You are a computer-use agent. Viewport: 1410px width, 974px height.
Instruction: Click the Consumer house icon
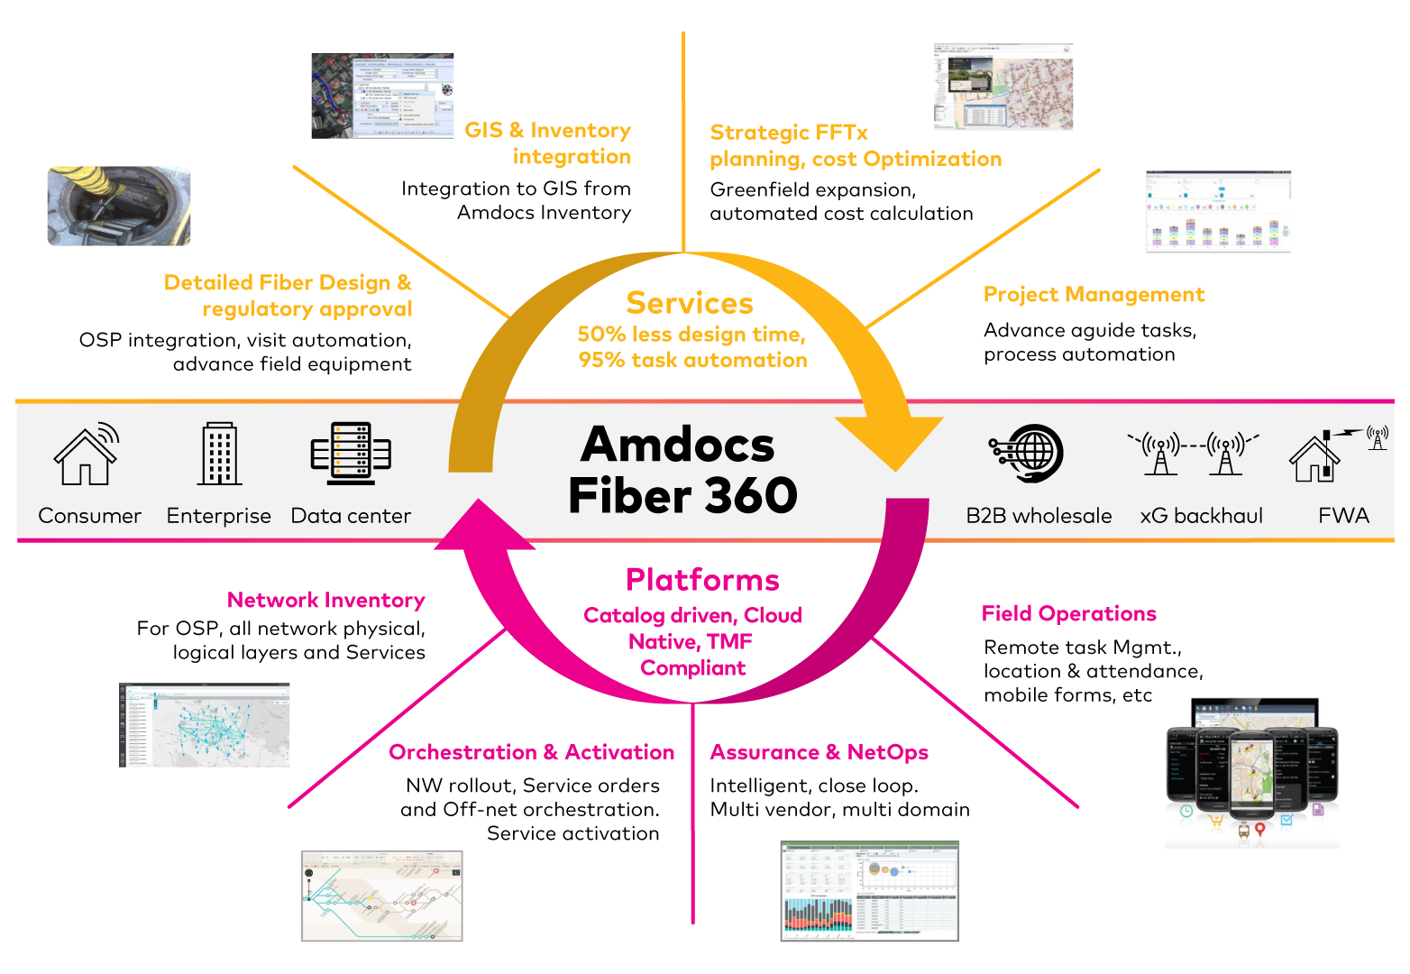click(x=87, y=454)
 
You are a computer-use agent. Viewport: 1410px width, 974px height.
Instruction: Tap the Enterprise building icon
click(x=219, y=454)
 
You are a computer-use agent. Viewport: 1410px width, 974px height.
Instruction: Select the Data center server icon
click(x=351, y=454)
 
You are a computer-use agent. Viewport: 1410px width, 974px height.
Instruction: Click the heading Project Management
click(x=1094, y=295)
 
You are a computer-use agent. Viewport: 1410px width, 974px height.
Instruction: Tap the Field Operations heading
click(x=1068, y=614)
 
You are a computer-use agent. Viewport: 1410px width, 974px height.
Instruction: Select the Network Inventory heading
click(x=325, y=601)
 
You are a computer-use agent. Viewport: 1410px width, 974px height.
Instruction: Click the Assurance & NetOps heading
click(x=819, y=753)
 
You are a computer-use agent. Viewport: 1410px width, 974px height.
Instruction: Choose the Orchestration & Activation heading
click(x=531, y=753)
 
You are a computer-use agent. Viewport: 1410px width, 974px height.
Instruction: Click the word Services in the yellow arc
click(x=690, y=304)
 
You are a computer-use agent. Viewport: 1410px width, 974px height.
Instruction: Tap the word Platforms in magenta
click(x=702, y=580)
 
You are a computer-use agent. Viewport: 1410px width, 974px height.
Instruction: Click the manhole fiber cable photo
click(x=119, y=206)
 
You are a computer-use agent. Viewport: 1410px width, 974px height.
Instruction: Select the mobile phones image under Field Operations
click(x=1252, y=771)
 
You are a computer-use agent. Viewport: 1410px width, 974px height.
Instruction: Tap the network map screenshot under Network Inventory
click(x=205, y=725)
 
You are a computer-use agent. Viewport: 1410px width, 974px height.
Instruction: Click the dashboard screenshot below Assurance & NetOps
click(x=869, y=891)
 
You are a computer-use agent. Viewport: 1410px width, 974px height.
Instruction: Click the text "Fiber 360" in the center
click(x=682, y=496)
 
